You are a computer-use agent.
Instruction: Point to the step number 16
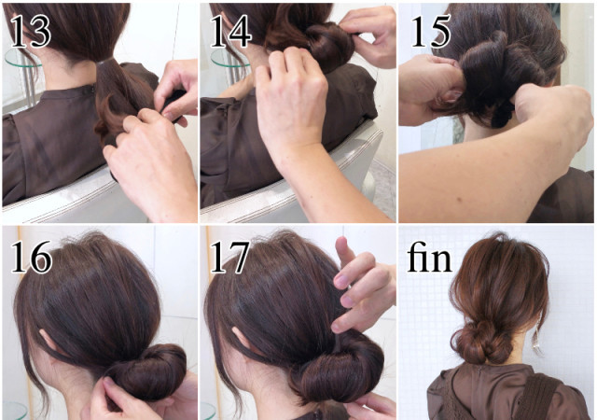click(x=31, y=257)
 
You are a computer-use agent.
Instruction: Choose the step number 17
click(x=229, y=257)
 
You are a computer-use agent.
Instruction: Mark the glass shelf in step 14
click(x=226, y=58)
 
